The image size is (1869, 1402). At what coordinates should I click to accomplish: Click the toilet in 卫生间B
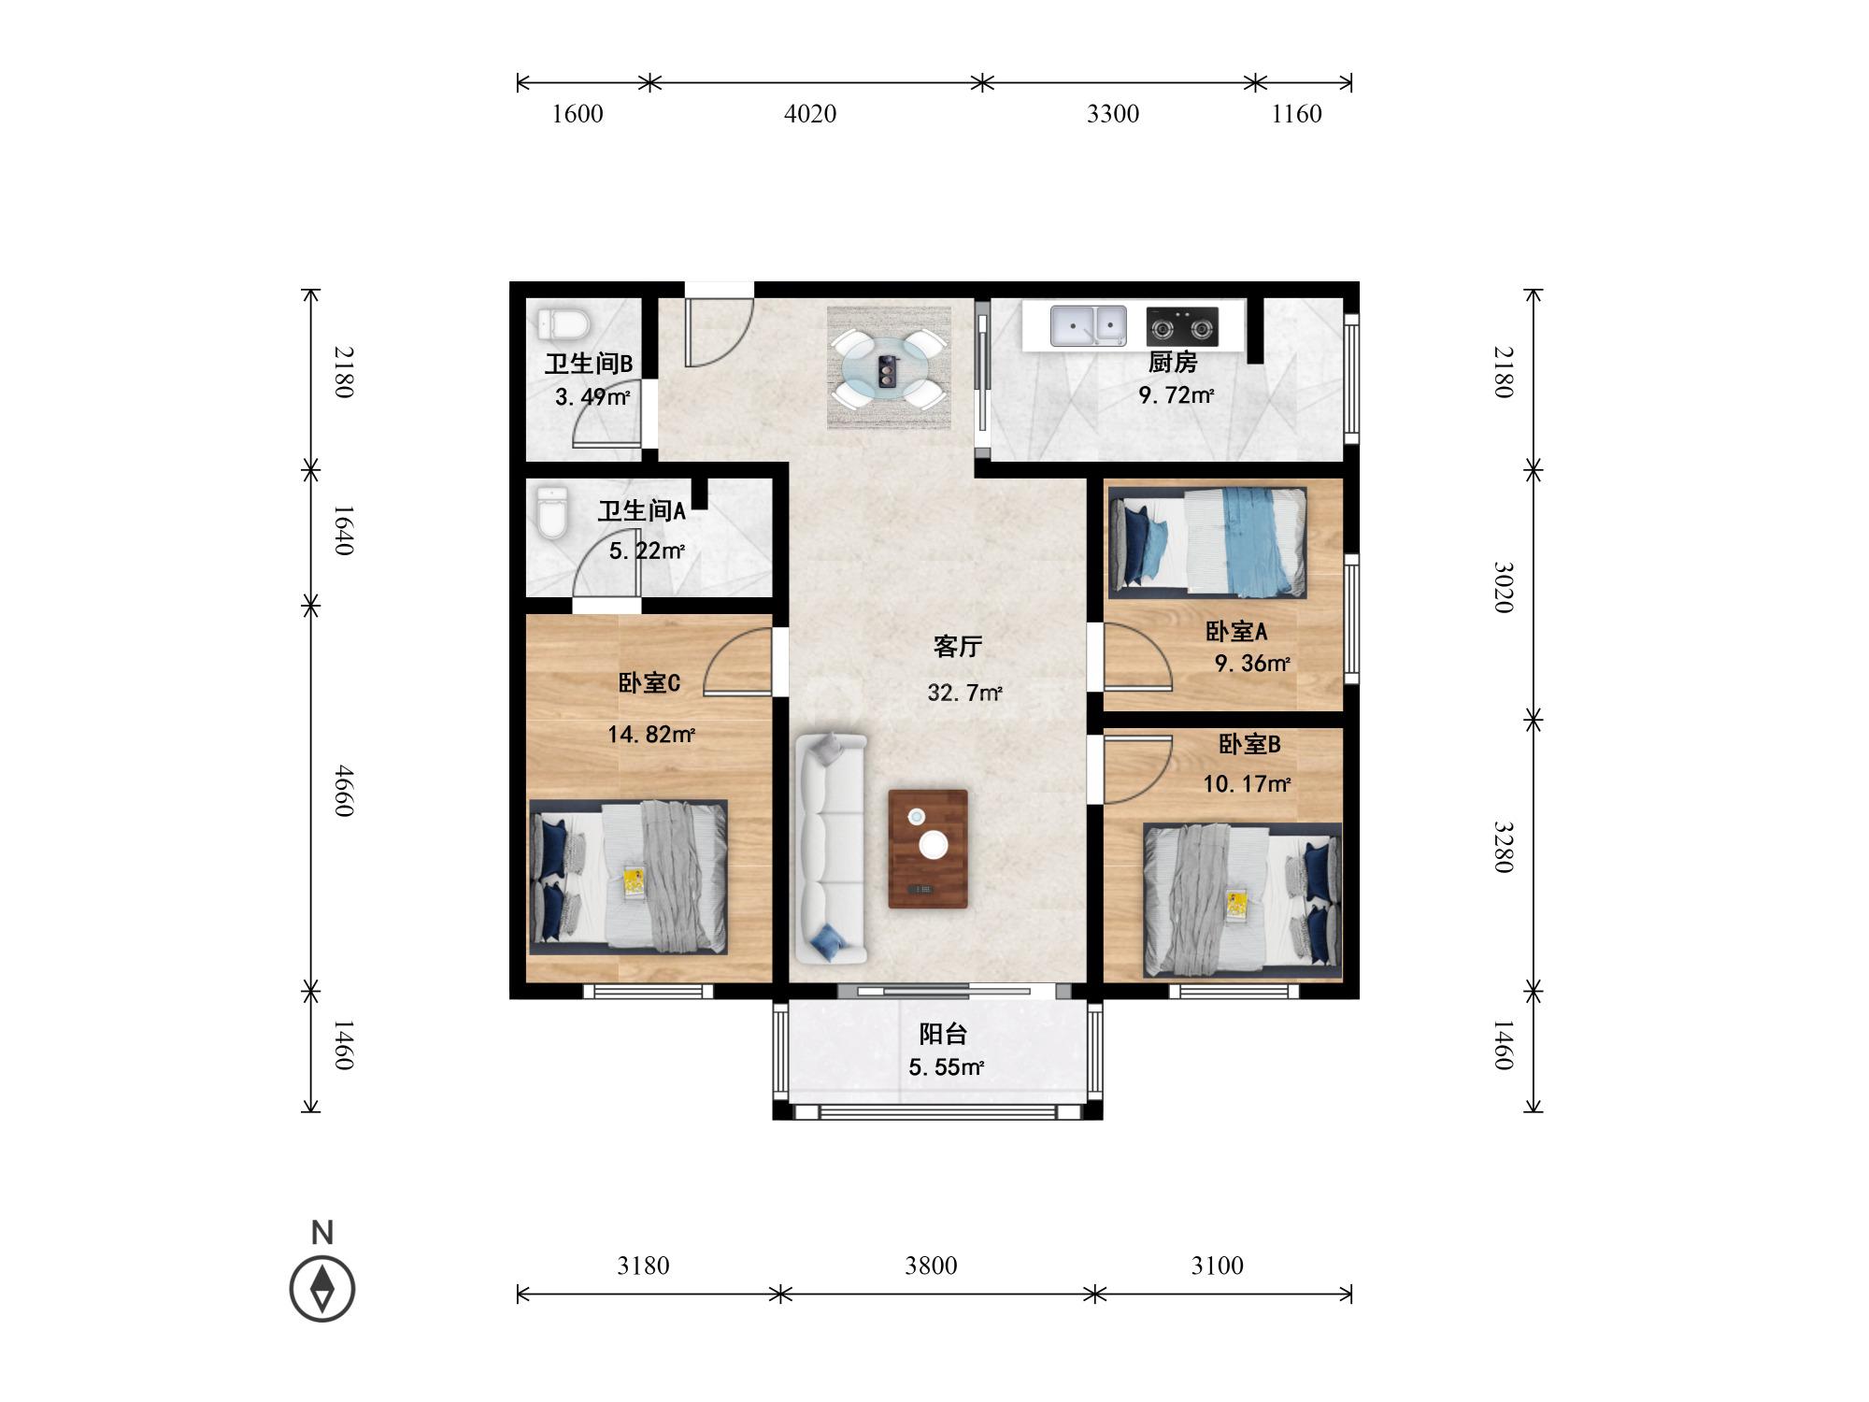click(564, 324)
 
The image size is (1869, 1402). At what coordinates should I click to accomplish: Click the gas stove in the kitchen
click(1182, 326)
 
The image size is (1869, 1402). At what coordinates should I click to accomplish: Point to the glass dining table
click(888, 368)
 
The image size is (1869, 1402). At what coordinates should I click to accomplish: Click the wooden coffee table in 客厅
click(928, 849)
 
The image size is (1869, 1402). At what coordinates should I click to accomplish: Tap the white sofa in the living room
click(831, 849)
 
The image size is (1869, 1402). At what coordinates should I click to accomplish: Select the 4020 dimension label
click(810, 114)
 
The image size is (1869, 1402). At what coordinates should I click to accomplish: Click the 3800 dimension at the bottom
click(931, 1266)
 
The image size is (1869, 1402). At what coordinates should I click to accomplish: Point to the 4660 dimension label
click(345, 791)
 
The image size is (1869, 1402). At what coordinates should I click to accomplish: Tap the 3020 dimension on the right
click(1503, 587)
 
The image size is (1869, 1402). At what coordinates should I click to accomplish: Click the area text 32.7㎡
click(964, 693)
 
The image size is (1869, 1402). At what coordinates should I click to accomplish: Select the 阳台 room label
click(943, 1034)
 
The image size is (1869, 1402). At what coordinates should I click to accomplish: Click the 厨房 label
click(1172, 362)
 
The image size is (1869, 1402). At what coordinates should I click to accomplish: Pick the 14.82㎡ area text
click(651, 735)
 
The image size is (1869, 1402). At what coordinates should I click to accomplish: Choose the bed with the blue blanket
click(1207, 542)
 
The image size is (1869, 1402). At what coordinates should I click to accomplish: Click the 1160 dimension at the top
click(1297, 114)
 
